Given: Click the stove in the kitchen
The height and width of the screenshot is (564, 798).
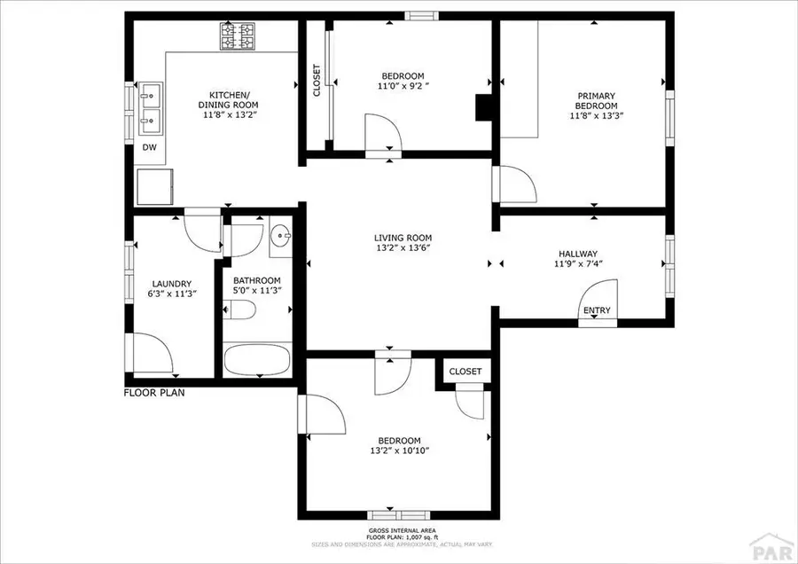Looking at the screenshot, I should [x=236, y=36].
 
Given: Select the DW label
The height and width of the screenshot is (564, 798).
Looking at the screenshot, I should [x=150, y=148].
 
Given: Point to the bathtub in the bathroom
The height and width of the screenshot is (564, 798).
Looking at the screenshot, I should [x=256, y=361].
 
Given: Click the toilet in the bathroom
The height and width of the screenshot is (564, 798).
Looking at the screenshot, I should [x=242, y=310].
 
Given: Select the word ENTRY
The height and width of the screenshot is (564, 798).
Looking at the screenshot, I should [x=596, y=310].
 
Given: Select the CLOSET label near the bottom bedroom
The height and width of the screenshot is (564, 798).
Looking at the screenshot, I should [x=465, y=372].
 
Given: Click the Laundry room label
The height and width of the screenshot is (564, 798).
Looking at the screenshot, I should [x=172, y=284].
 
